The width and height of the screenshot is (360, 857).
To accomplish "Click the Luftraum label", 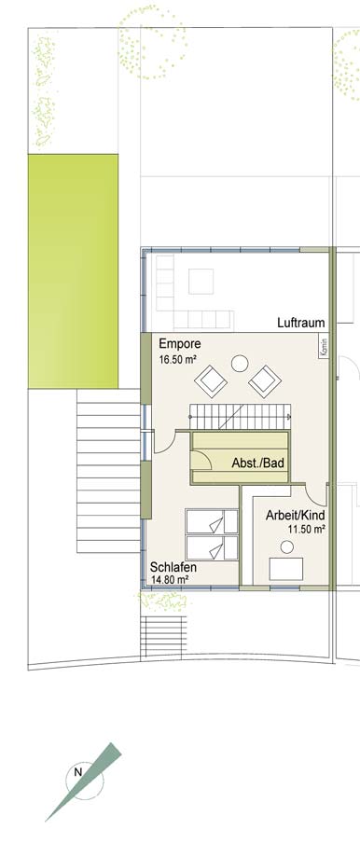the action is click(x=300, y=323).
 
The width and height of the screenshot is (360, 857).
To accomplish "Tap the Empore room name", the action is click(x=180, y=344).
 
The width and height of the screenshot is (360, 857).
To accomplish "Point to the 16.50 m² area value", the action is click(x=177, y=360).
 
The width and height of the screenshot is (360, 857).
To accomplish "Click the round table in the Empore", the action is click(x=240, y=364).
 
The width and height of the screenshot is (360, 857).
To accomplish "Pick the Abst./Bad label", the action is click(x=258, y=463).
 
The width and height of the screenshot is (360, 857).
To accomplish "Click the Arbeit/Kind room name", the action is click(x=296, y=516).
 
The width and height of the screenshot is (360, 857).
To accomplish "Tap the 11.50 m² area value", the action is click(x=307, y=529).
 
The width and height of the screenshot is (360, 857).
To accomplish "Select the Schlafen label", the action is click(x=173, y=567).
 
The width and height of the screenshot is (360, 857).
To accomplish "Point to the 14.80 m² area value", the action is click(x=170, y=580).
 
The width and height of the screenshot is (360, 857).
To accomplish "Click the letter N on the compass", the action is click(x=77, y=772).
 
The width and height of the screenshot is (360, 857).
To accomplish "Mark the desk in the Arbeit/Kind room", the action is click(x=286, y=569).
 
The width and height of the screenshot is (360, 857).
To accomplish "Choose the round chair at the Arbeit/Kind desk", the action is click(x=287, y=546).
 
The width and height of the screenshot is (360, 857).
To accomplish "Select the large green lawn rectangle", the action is click(x=73, y=271).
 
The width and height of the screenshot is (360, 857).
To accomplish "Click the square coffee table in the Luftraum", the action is click(x=201, y=282).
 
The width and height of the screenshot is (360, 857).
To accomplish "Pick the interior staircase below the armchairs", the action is click(x=240, y=417).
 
